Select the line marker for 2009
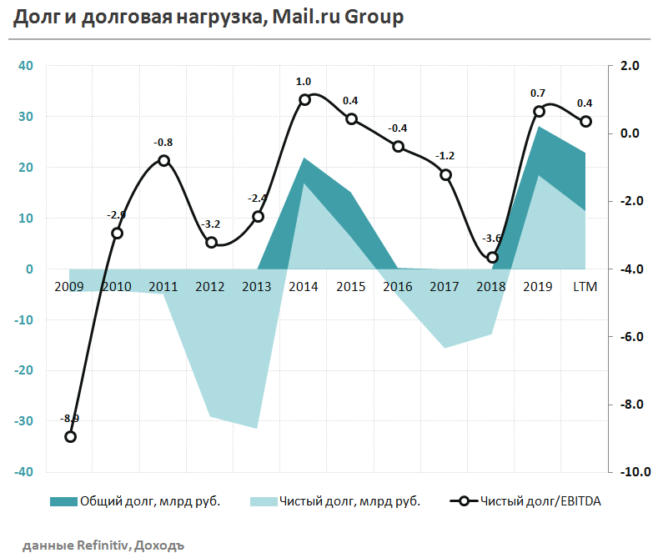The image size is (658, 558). [70, 436]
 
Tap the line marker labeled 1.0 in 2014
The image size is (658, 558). [304, 99]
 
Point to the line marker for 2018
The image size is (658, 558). [492, 258]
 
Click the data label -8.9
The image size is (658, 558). [70, 418]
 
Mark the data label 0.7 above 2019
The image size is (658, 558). [538, 93]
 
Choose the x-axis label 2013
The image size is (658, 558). [257, 287]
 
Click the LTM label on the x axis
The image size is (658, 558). [585, 287]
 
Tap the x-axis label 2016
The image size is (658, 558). [398, 287]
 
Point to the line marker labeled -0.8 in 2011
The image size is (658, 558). [163, 160]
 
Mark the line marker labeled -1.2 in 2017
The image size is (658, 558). [445, 174]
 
